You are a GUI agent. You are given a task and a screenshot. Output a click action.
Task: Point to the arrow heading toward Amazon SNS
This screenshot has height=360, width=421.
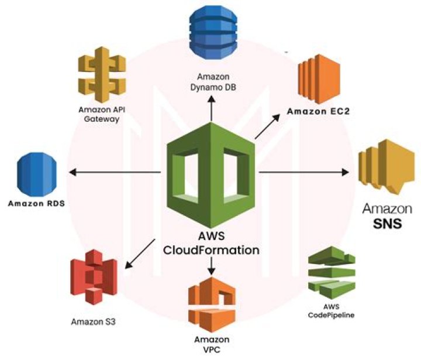click(x=304, y=172)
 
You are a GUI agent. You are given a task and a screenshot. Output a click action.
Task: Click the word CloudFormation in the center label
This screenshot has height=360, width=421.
click(x=211, y=250)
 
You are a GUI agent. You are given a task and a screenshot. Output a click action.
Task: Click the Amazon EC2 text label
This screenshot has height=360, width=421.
click(x=319, y=111)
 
